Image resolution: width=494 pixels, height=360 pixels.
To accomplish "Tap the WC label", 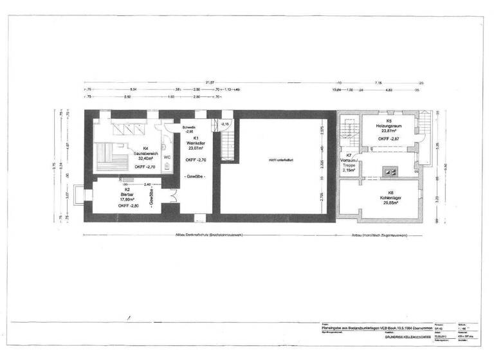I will tap(167, 156).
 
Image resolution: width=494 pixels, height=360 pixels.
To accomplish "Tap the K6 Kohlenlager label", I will tap(389, 198).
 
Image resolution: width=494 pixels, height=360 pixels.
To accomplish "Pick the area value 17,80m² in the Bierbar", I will tap(125, 199).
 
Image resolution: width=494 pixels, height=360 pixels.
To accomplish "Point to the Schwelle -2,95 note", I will tap(189, 129).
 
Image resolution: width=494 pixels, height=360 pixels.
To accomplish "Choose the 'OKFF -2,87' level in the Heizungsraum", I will tap(390, 139).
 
